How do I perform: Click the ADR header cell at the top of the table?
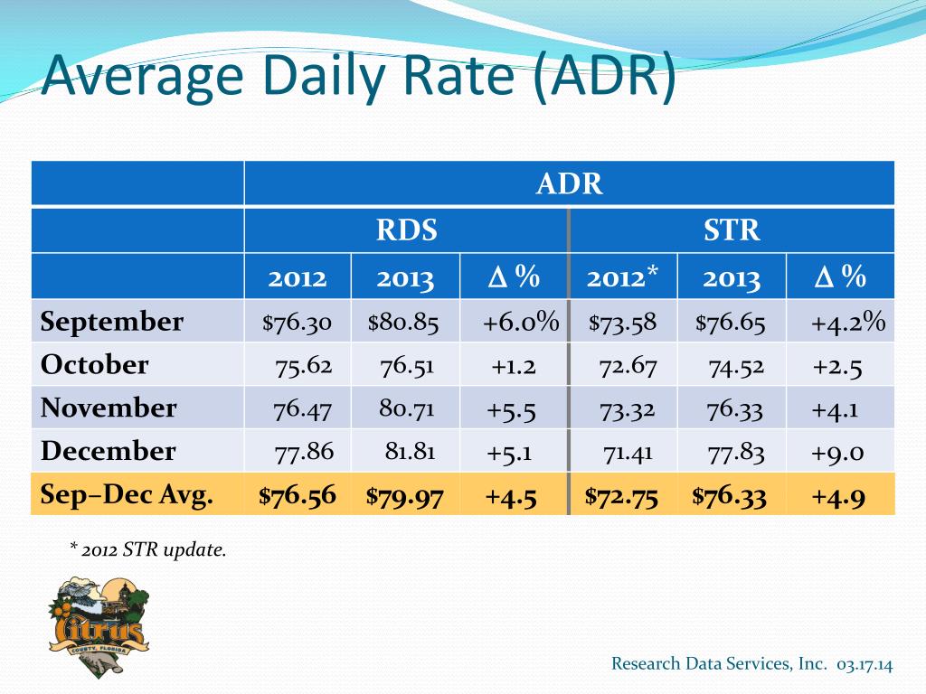pos(569,184)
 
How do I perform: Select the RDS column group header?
pos(406,230)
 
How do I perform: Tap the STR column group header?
pos(732,230)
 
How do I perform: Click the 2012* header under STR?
pos(622,277)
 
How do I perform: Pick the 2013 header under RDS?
pos(406,277)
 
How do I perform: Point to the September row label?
pos(112,322)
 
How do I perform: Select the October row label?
pos(95,365)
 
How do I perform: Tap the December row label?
pos(109,451)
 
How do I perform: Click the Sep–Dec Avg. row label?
pos(128,494)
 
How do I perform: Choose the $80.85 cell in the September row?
pos(403,323)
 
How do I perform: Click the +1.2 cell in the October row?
pos(514,366)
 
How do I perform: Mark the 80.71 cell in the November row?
pos(407,408)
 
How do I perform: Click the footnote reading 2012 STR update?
pos(148,549)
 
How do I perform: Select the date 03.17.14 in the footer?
pos(865,664)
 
